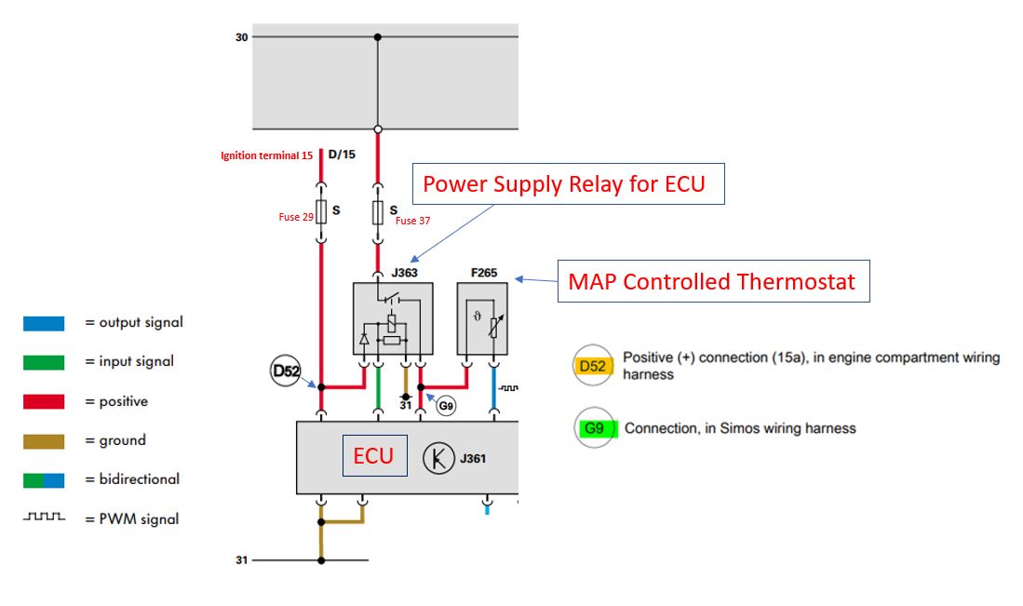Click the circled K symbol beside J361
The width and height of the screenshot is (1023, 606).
(438, 458)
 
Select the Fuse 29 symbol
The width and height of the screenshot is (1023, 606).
(321, 212)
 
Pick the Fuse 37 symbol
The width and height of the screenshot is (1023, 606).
(378, 212)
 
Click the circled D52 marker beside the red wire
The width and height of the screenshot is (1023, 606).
(285, 371)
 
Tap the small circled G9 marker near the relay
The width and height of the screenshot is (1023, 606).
(446, 407)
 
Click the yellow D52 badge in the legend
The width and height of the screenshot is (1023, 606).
(593, 366)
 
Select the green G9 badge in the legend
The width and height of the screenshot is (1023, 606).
(595, 428)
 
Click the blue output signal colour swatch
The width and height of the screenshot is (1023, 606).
(44, 324)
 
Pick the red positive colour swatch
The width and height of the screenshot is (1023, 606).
(44, 401)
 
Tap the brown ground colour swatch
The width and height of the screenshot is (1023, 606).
(44, 441)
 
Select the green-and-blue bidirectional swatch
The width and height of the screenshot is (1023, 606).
(44, 480)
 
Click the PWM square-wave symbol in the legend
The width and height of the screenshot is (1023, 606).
(45, 517)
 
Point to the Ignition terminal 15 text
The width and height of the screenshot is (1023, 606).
(266, 155)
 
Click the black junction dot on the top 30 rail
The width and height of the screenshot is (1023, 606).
(378, 37)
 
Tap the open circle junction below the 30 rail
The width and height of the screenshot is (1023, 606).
(378, 129)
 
